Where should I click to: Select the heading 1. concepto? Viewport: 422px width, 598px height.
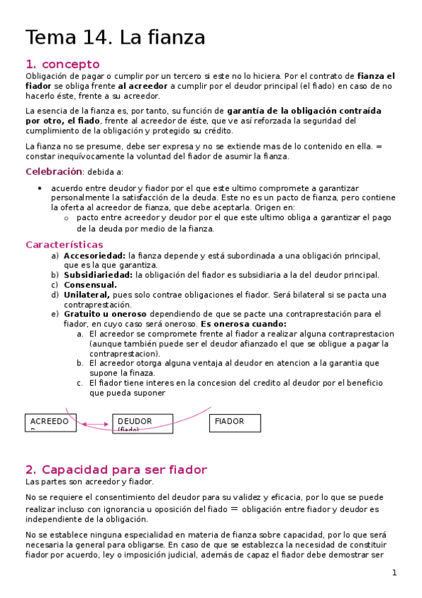point(62,64)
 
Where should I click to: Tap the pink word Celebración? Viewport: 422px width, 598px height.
point(54,171)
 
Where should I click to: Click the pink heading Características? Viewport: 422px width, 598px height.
point(64,244)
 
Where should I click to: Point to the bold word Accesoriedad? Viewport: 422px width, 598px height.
point(94,255)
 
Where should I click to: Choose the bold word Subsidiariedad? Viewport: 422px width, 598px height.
point(98,275)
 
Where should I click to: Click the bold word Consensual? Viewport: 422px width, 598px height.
point(90,285)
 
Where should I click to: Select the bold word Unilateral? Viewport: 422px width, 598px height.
point(87,295)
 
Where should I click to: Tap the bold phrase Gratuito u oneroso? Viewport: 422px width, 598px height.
point(105,314)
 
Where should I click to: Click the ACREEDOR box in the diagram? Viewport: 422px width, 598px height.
point(50,422)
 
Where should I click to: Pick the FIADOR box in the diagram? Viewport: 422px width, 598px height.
point(235,422)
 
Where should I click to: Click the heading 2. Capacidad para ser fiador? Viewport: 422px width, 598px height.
point(116,470)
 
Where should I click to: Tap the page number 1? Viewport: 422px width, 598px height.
point(395,573)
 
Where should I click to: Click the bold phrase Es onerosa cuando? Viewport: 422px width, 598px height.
point(244,324)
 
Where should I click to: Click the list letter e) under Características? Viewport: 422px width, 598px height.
point(55,314)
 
